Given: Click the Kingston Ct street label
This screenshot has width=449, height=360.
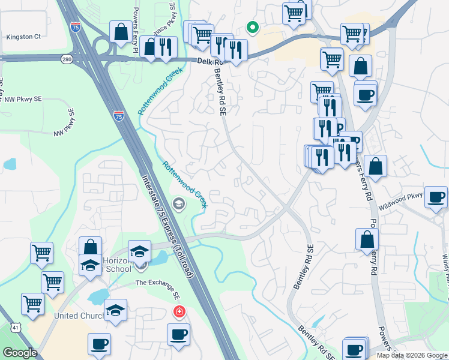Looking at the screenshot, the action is pyautogui.click(x=23, y=37).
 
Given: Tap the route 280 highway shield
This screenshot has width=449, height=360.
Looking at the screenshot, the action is pyautogui.click(x=67, y=58).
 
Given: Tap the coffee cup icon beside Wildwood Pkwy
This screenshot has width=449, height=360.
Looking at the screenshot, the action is pyautogui.click(x=436, y=197).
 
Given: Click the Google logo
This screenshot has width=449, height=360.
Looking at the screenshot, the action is pyautogui.click(x=19, y=353).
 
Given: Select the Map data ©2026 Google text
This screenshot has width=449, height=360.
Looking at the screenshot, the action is pyautogui.click(x=411, y=355).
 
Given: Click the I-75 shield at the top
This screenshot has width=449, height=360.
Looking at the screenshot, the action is pyautogui.click(x=74, y=27).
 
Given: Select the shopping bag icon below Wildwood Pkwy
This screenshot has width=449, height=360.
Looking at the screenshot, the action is pyautogui.click(x=367, y=239).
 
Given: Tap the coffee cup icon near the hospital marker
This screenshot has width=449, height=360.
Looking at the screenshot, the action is pyautogui.click(x=178, y=335).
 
